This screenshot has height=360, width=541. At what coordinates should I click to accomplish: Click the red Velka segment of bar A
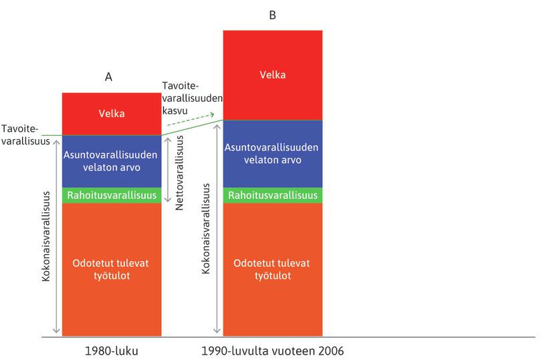[111, 114]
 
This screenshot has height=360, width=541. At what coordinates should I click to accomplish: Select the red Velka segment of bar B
[273, 74]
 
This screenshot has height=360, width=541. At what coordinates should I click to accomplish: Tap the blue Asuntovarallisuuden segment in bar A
[111, 161]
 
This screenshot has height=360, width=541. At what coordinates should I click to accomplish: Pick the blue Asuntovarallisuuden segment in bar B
[273, 153]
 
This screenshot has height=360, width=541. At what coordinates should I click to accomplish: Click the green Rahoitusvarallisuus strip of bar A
[111, 195]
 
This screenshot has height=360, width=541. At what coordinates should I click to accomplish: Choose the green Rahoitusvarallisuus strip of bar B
[273, 195]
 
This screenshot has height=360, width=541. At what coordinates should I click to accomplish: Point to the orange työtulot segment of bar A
[111, 268]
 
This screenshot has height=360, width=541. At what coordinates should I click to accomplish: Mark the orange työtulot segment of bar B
[273, 268]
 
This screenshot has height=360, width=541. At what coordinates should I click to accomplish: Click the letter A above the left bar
[108, 77]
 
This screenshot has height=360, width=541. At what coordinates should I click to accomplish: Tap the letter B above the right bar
[272, 14]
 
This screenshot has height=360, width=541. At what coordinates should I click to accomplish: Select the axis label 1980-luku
[112, 350]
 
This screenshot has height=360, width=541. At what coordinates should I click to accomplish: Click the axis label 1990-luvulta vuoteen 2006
[273, 350]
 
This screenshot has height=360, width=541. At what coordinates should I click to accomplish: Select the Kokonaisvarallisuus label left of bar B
[206, 228]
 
